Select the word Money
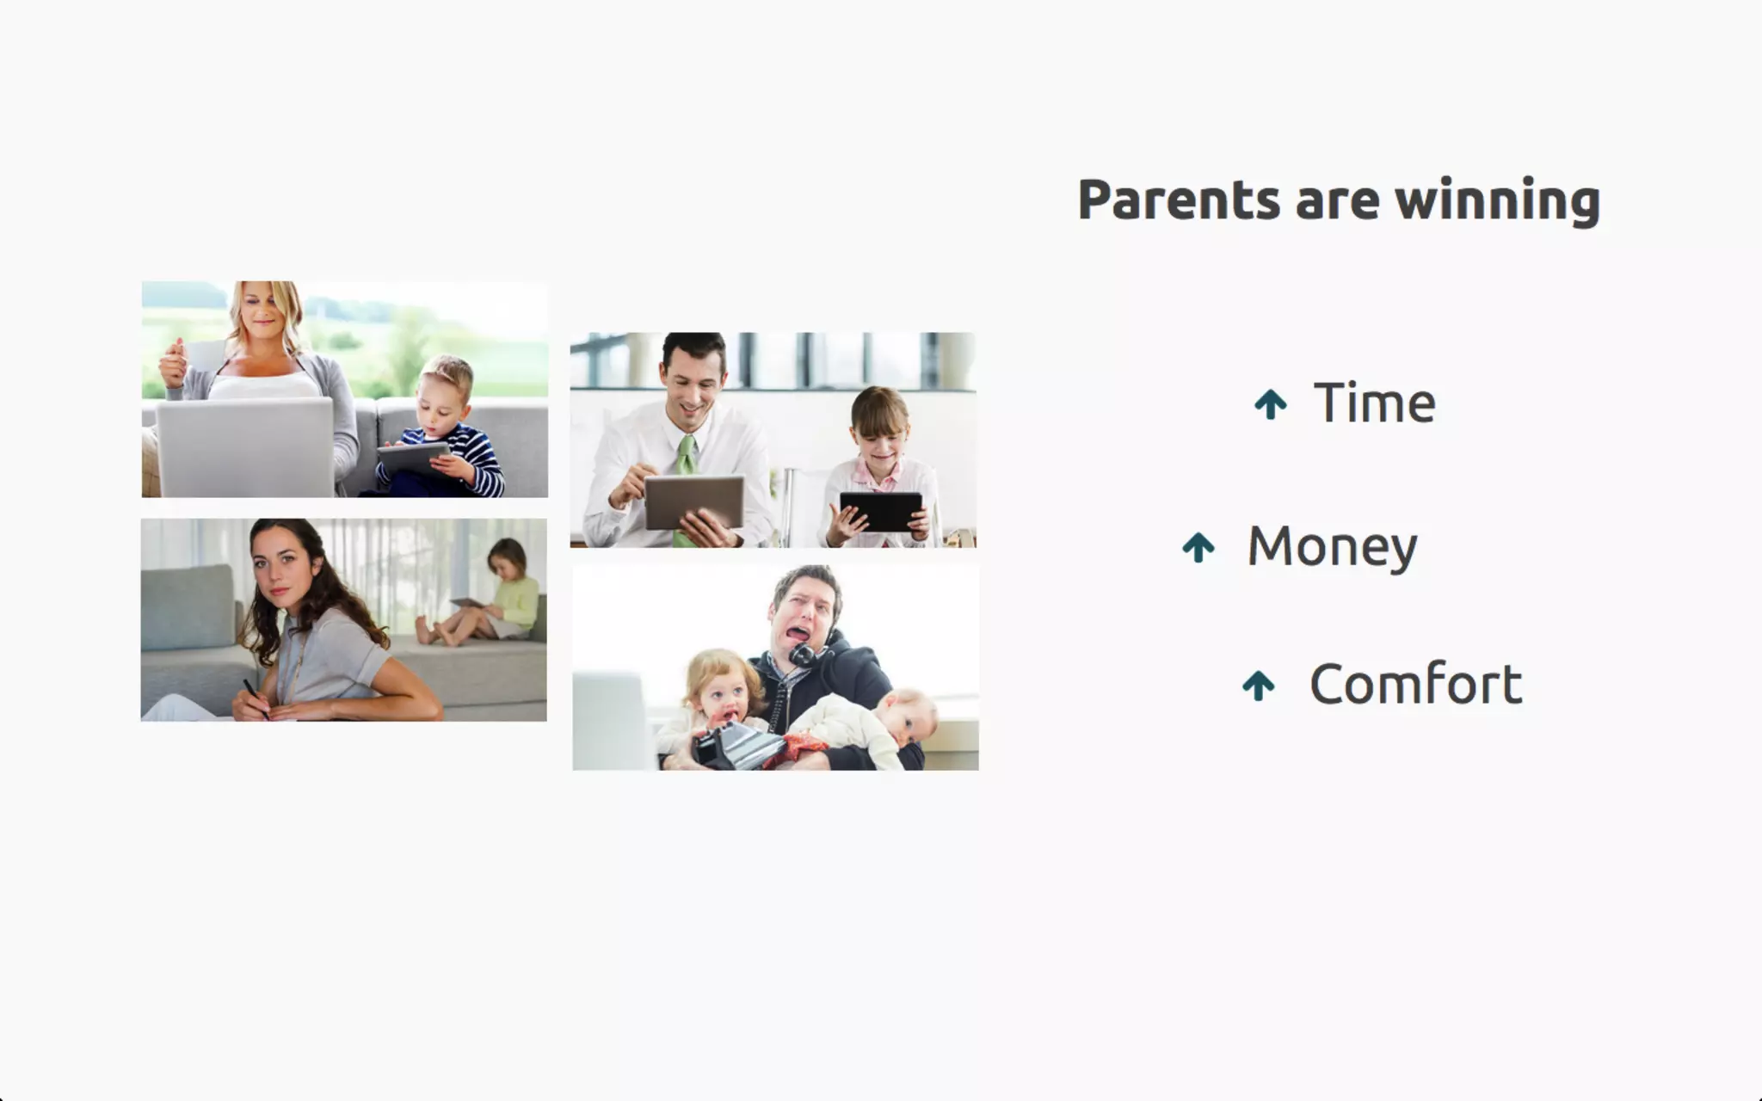pyautogui.click(x=1332, y=547)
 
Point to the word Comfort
pyautogui.click(x=1416, y=684)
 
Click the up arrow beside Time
pyautogui.click(x=1271, y=403)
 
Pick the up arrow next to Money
pyautogui.click(x=1198, y=547)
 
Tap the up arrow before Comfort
pyautogui.click(x=1259, y=686)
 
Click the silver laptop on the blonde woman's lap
pyautogui.click(x=245, y=446)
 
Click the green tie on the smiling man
pyautogui.click(x=686, y=482)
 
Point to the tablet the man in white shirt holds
pyautogui.click(x=694, y=501)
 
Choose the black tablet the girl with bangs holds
pyautogui.click(x=880, y=512)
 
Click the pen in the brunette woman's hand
pyautogui.click(x=255, y=698)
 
